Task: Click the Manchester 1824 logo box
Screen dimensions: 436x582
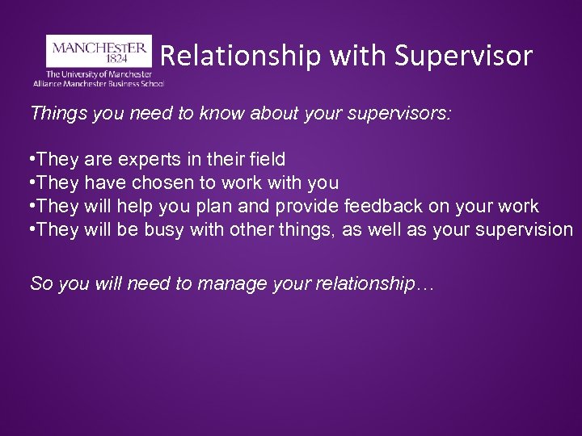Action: coord(99,50)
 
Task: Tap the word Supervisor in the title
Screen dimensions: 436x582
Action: coord(464,56)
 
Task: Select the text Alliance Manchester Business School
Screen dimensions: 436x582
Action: coord(99,83)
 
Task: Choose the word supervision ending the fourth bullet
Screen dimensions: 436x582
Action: coord(522,229)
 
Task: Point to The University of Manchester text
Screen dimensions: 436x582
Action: coord(99,73)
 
